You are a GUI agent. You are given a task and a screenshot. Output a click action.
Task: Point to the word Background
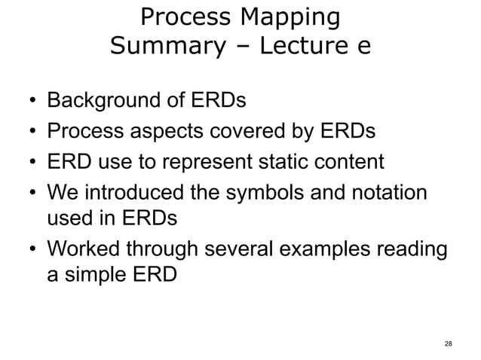[x=109, y=100]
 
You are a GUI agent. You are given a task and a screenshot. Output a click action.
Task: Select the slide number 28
[x=449, y=344]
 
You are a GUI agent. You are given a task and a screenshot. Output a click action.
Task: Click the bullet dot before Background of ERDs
[x=32, y=102]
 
